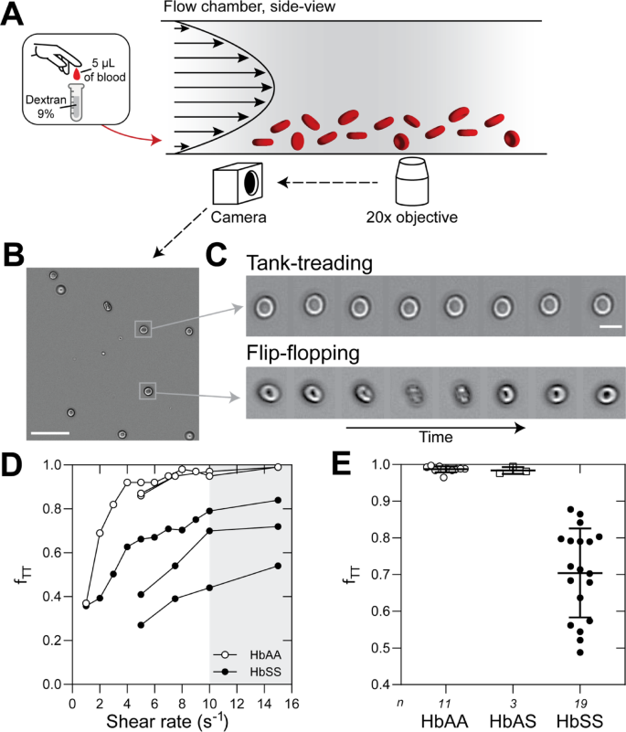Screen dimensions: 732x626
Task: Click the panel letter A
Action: coord(14,16)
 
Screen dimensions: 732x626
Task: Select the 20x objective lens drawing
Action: coord(412,182)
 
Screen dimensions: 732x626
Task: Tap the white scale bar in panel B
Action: coord(53,431)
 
